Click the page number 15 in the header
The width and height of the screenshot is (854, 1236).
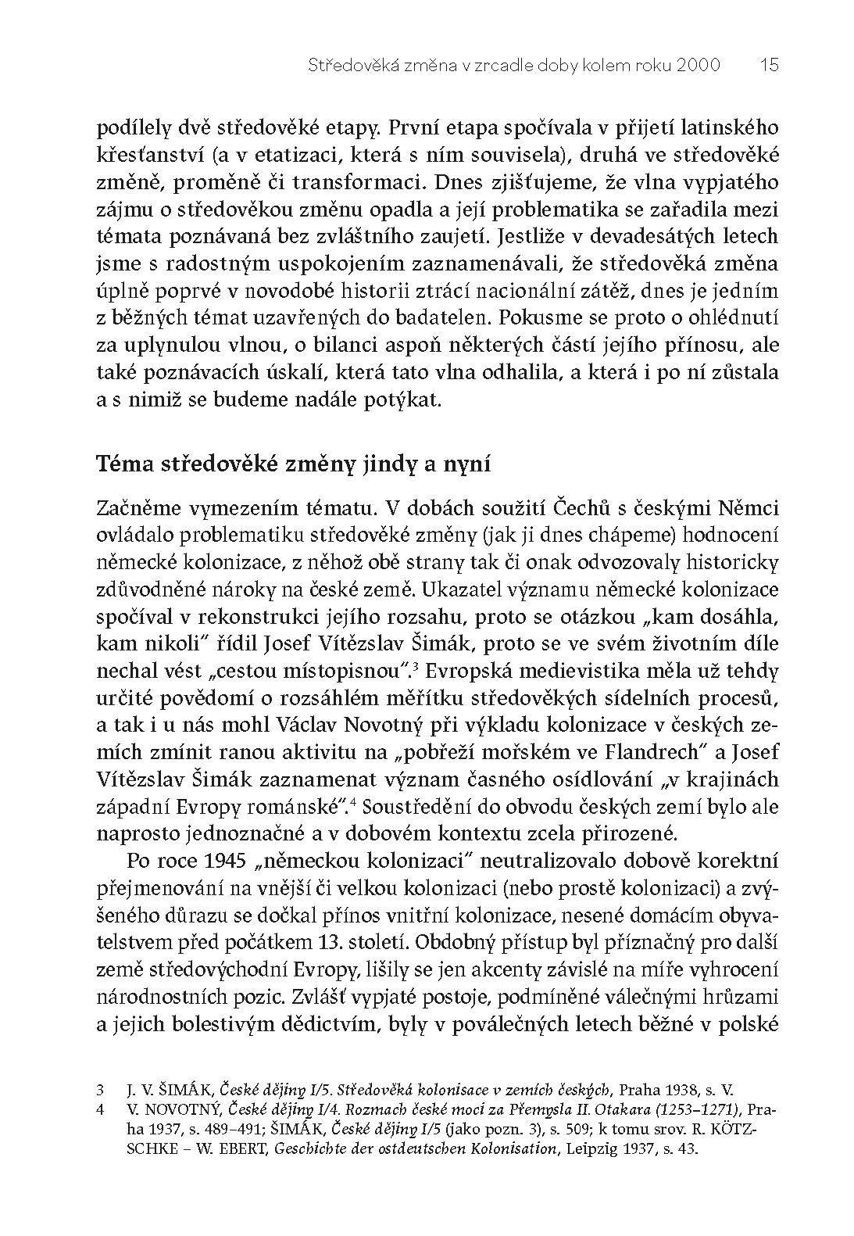click(769, 66)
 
